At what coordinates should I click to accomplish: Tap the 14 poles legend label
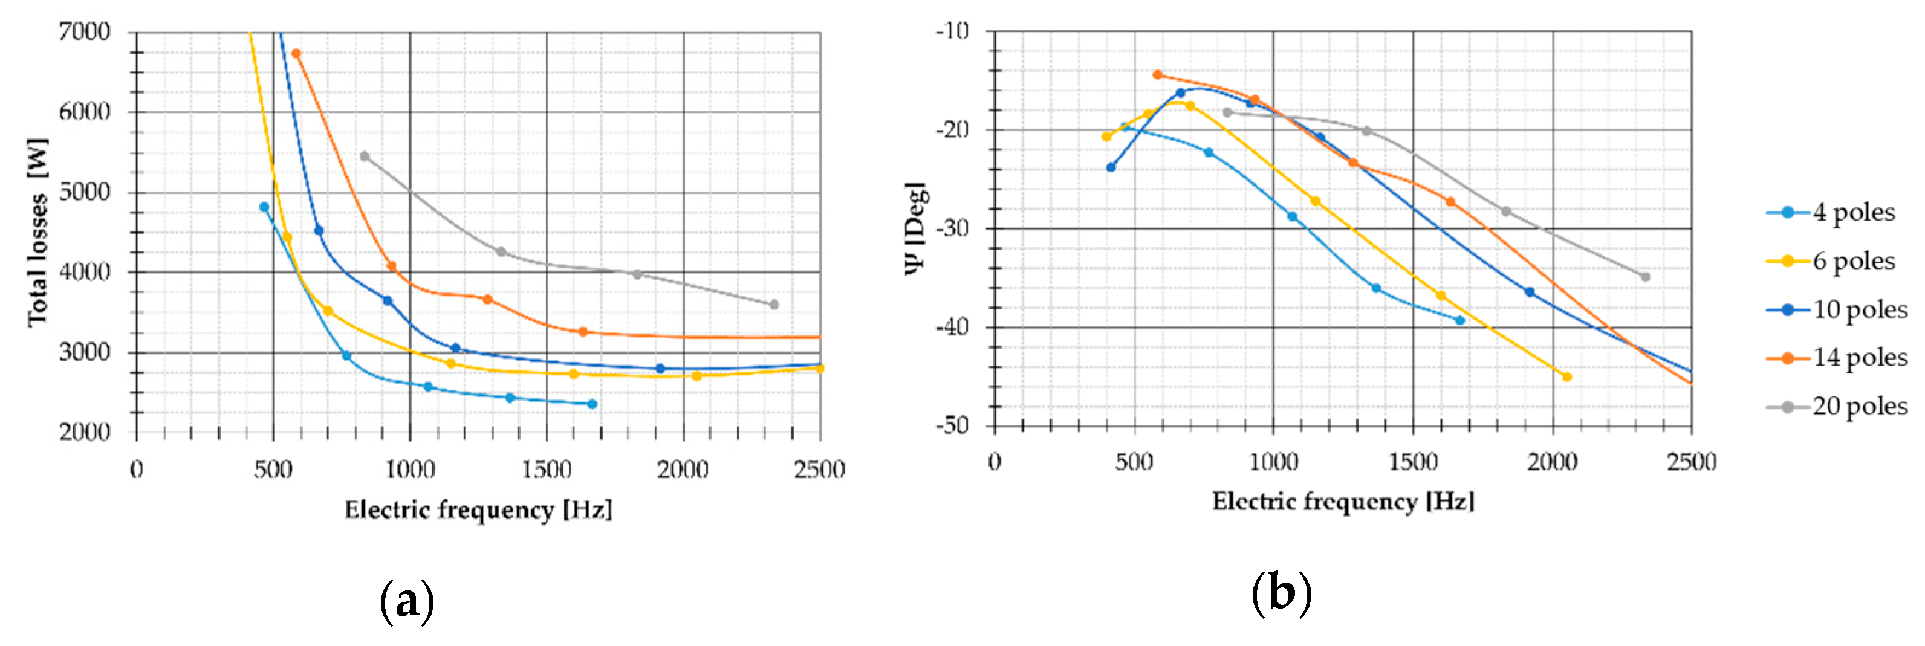click(x=1859, y=358)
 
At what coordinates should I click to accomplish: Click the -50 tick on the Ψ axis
click(x=952, y=425)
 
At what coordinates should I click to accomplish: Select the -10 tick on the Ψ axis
click(x=952, y=31)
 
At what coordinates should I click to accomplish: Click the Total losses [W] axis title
click(x=37, y=231)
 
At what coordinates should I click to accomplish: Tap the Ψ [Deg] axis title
click(x=915, y=228)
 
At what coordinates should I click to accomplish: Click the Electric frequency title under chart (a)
click(x=478, y=510)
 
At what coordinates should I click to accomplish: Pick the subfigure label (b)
click(x=1281, y=593)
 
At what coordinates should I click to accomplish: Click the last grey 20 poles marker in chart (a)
click(x=773, y=305)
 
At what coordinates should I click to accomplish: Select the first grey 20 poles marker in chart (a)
click(x=365, y=156)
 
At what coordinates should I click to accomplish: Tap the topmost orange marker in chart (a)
click(x=296, y=54)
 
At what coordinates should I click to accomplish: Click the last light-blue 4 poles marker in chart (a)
click(x=592, y=404)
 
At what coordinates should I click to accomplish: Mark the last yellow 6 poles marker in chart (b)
click(x=1567, y=377)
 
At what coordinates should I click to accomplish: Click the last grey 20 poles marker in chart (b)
click(x=1644, y=277)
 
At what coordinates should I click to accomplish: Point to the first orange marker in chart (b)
click(x=1158, y=75)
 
